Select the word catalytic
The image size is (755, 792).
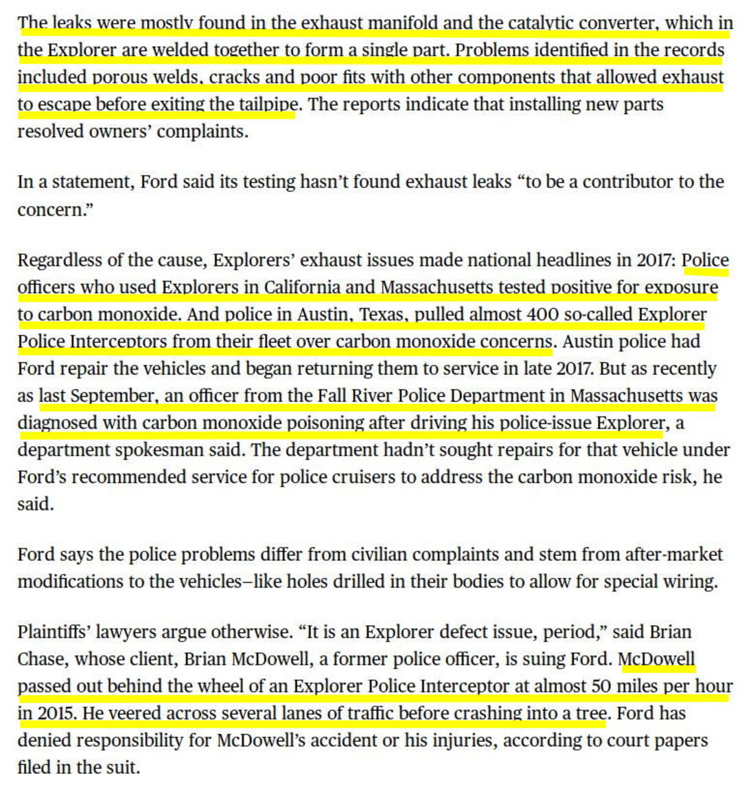pos(546,23)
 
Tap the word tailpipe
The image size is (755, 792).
pos(268,104)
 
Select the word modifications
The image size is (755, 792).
pos(67,582)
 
